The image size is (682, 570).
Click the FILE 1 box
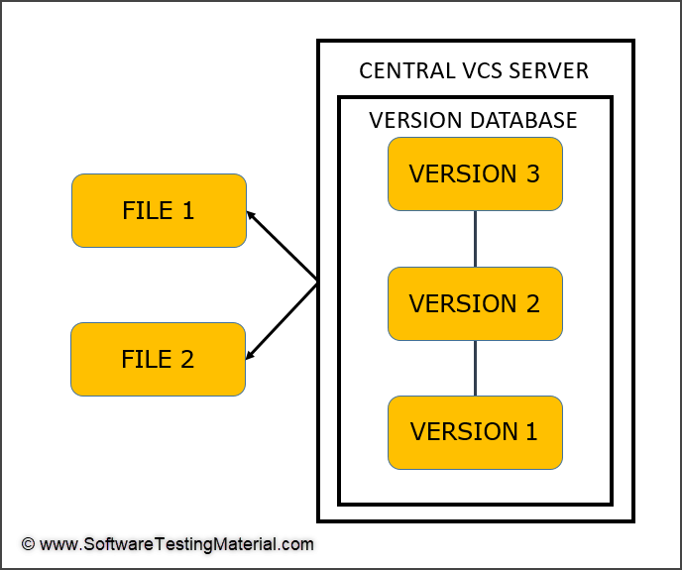[159, 210]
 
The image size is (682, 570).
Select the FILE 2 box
[159, 359]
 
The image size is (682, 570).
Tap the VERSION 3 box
[475, 173]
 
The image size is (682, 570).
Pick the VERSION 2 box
[475, 303]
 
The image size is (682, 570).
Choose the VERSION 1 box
[475, 432]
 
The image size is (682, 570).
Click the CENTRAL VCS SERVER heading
[474, 71]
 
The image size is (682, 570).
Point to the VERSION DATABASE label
[473, 120]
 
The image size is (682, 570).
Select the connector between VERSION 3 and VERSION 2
[476, 238]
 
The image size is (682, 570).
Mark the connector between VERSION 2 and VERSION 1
[476, 368]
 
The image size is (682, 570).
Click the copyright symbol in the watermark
[28, 544]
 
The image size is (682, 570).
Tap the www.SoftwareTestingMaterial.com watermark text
[177, 544]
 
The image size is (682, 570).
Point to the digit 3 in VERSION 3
[532, 173]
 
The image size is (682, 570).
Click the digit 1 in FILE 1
[187, 210]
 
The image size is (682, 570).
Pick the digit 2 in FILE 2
[186, 359]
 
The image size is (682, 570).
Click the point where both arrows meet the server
[317, 285]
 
